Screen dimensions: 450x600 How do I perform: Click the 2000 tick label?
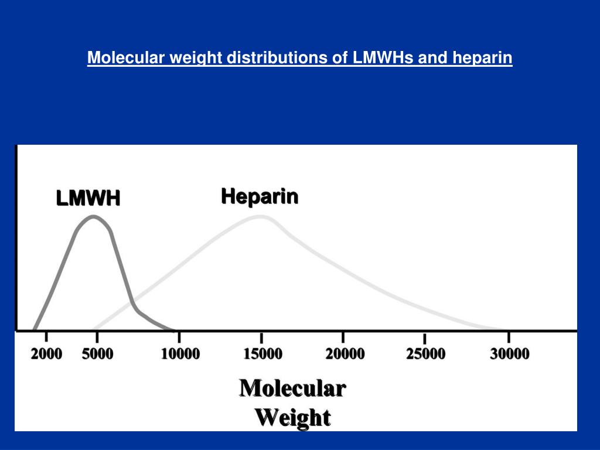(x=46, y=354)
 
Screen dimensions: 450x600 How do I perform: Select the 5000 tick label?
(x=97, y=354)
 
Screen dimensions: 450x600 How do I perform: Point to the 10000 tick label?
(x=180, y=354)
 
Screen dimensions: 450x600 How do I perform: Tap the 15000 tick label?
(x=262, y=354)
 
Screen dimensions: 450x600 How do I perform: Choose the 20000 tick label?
(x=345, y=354)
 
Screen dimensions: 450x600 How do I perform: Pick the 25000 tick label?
(x=425, y=354)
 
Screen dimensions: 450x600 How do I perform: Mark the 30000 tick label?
(x=509, y=354)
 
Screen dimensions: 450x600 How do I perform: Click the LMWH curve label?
(x=88, y=198)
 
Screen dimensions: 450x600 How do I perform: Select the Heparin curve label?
(x=260, y=196)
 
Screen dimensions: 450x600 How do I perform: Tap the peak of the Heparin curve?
(x=261, y=217)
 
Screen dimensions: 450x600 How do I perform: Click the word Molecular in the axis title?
(x=292, y=388)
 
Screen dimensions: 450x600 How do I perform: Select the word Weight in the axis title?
(x=292, y=418)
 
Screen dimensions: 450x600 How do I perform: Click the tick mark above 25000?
(x=425, y=338)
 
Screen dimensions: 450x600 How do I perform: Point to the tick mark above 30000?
(x=509, y=338)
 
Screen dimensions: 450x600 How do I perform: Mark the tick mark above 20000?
(x=343, y=338)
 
